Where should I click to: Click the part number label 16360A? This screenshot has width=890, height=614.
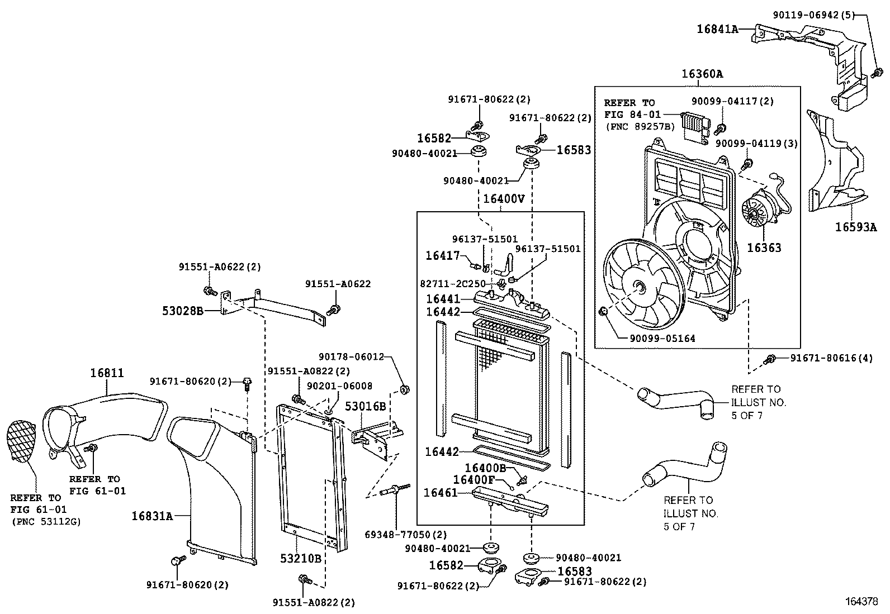tap(702, 74)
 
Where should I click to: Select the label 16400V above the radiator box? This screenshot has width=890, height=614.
tap(504, 198)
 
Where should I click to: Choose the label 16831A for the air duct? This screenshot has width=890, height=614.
tap(152, 516)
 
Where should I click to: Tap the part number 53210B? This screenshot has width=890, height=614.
tap(301, 558)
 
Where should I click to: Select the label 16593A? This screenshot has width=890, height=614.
tap(856, 227)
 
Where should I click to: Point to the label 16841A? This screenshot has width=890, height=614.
tap(717, 28)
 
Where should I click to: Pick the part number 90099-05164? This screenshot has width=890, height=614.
tap(662, 338)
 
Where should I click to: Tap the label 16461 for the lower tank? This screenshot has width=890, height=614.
tap(441, 492)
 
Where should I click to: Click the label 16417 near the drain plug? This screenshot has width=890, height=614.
tap(442, 255)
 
